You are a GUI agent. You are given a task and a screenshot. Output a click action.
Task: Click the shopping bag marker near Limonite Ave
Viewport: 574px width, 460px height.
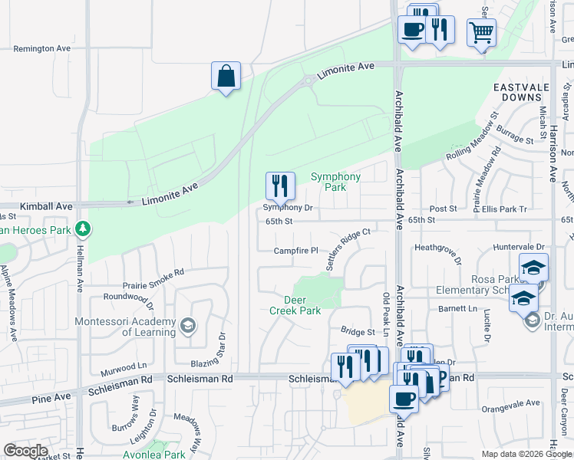tap(226, 77)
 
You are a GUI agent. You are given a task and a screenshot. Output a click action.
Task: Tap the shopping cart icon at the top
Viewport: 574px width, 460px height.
tap(481, 33)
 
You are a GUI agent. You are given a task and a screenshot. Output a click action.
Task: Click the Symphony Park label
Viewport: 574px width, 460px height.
tap(335, 182)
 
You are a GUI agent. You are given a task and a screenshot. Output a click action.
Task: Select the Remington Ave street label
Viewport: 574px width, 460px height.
tap(43, 48)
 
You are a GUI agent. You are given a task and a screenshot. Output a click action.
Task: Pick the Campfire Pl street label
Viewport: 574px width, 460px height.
tap(296, 251)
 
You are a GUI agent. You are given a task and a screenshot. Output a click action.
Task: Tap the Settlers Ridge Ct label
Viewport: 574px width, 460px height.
tap(349, 249)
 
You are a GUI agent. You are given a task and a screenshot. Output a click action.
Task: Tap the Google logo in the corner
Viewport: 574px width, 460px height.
tap(25, 451)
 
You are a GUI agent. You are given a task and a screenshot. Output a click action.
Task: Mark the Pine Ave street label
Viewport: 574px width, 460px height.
tap(51, 397)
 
